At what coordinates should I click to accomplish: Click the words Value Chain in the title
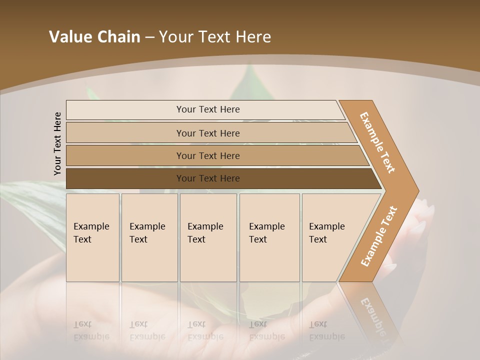[94, 37]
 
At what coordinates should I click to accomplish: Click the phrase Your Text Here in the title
[215, 37]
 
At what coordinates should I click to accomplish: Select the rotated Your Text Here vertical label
[57, 143]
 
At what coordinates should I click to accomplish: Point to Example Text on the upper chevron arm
[378, 142]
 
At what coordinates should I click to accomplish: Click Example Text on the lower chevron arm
[378, 236]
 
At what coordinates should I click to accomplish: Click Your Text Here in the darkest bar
[208, 178]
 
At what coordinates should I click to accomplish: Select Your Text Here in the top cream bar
[208, 109]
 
